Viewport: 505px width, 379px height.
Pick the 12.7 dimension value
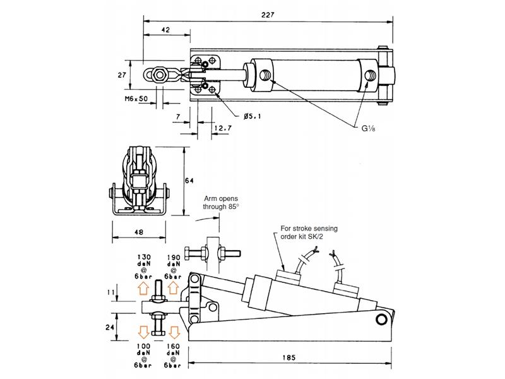point(223,129)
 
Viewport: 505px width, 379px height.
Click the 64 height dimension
point(188,181)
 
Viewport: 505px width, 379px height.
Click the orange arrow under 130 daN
point(143,289)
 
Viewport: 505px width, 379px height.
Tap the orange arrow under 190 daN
point(173,289)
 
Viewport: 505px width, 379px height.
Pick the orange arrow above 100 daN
point(143,331)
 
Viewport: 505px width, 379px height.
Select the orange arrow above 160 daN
point(173,331)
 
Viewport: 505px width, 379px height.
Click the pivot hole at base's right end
point(381,320)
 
